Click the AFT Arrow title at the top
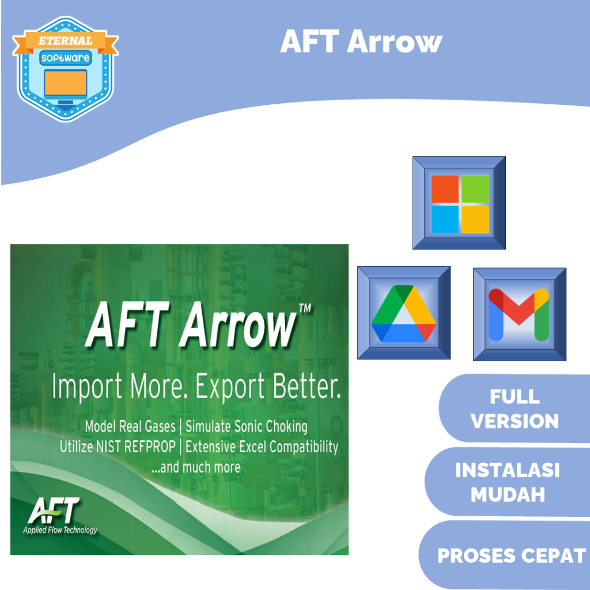click(361, 41)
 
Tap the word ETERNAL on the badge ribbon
click(65, 41)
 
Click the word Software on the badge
click(65, 58)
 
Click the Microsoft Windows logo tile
click(459, 203)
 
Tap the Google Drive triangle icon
click(403, 313)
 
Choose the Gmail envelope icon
click(519, 315)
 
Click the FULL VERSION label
click(515, 409)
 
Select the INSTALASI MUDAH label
click(507, 482)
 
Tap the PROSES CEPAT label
click(511, 555)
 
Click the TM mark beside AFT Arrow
click(305, 309)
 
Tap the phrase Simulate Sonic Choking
click(246, 427)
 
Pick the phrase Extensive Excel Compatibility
click(262, 447)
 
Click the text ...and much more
click(195, 467)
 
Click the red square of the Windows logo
click(445, 189)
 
